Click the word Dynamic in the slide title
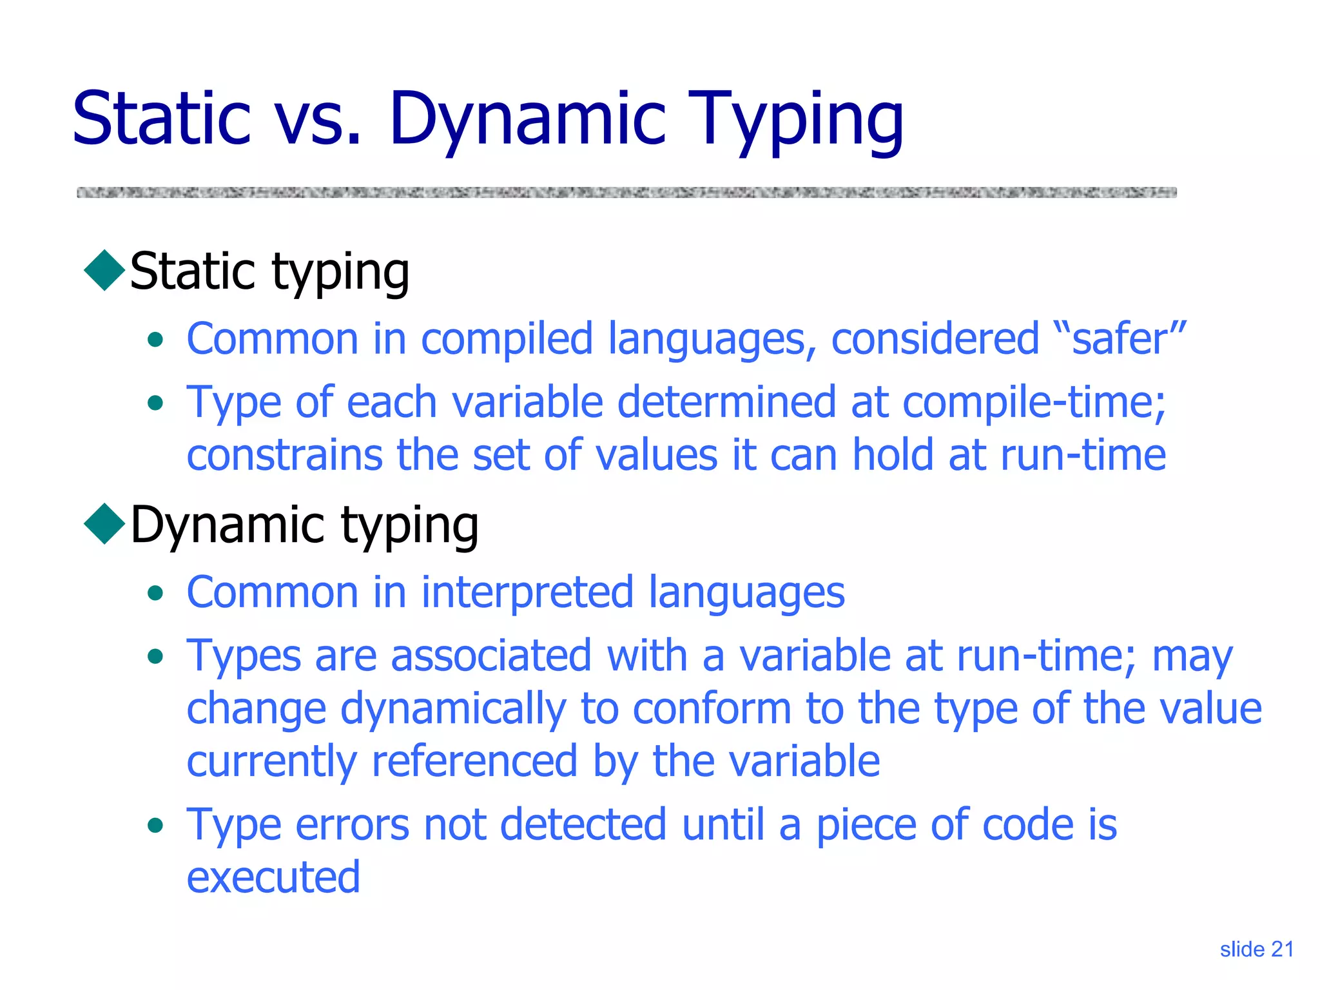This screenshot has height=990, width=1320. point(527,119)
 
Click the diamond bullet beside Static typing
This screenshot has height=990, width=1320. point(104,271)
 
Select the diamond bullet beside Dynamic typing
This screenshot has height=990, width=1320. point(104,524)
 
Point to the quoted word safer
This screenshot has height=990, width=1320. point(1128,339)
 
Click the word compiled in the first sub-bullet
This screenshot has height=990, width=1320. point(507,339)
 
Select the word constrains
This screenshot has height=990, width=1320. point(284,455)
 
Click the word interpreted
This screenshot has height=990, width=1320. point(527,592)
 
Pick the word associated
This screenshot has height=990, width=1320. point(491,655)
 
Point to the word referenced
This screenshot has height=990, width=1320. point(474,761)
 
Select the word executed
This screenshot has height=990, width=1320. point(273,877)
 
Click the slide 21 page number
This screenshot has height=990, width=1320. point(1256,949)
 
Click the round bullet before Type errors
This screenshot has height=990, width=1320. point(155,826)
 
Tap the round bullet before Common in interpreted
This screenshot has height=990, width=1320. point(155,593)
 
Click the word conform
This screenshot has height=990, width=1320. point(712,708)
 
